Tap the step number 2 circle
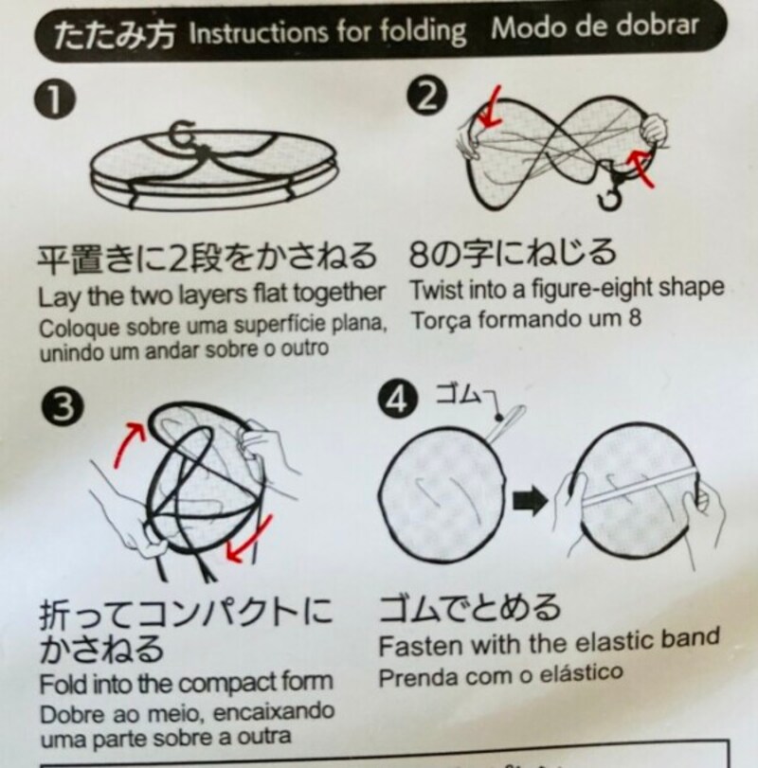click(425, 95)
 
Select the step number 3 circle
click(58, 408)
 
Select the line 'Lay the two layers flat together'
click(211, 291)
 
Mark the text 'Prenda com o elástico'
click(501, 675)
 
